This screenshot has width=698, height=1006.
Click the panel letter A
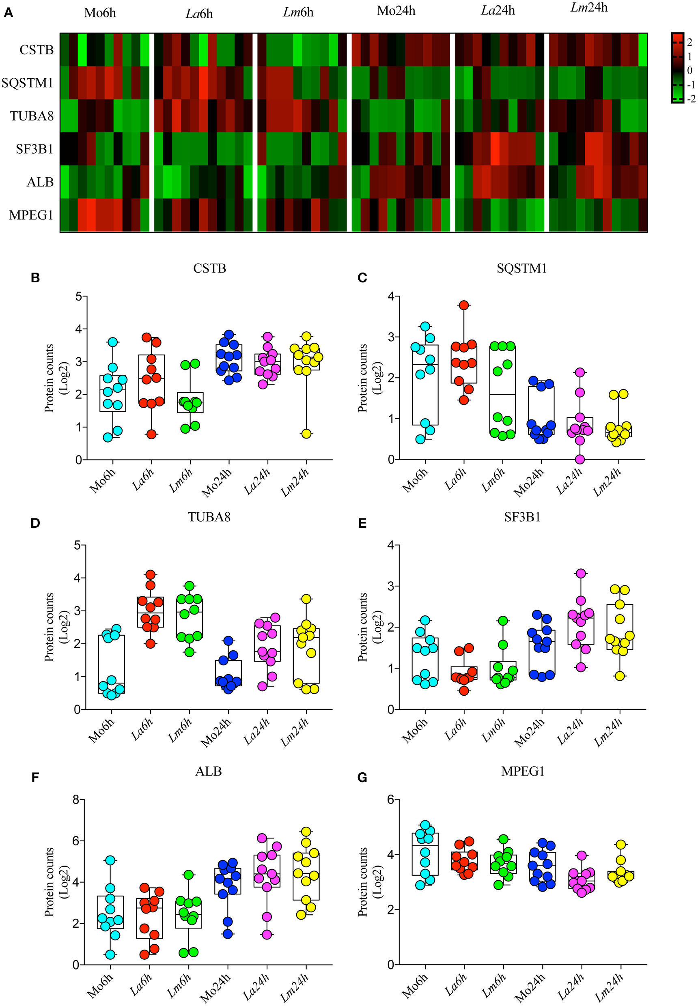click(8, 13)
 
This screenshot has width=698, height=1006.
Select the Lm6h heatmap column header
click(298, 12)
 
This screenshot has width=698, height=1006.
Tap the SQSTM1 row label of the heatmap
click(27, 83)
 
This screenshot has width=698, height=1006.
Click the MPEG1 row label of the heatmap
click(30, 215)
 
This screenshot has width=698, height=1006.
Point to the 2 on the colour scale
click(690, 42)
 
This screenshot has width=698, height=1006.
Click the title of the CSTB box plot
click(209, 268)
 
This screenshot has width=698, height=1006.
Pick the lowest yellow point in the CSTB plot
click(306, 434)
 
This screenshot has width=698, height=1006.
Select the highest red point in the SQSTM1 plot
click(464, 305)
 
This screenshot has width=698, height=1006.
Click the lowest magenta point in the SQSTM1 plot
click(580, 459)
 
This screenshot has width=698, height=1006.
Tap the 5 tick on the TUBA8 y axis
click(78, 545)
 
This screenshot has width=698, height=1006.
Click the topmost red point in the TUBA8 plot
click(151, 574)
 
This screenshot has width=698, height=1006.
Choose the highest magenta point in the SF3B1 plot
click(581, 573)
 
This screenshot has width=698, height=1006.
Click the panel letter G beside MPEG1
click(362, 778)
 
